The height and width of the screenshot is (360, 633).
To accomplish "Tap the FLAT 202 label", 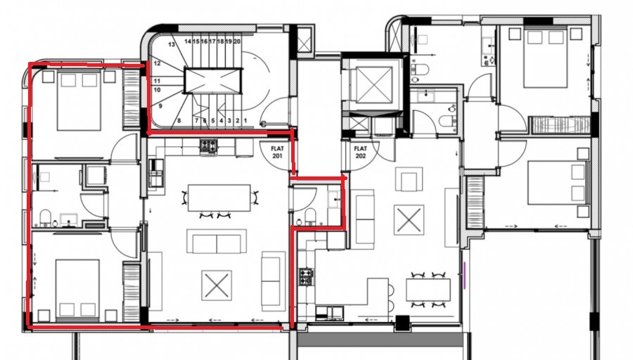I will coord(361,152).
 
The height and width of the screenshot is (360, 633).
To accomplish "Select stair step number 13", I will coord(171,44).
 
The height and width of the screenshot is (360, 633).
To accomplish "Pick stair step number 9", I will coord(160,106).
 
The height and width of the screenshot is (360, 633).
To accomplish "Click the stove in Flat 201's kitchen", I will coord(208,147).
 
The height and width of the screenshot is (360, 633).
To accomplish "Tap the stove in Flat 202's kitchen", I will coord(306,276).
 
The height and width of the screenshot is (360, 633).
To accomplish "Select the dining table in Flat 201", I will coord(219,197).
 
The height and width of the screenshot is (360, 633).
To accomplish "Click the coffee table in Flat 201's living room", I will coord(212,285).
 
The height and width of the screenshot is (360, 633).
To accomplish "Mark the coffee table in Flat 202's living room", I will coord(410,217).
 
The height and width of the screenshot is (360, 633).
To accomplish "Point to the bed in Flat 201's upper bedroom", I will coord(78,97).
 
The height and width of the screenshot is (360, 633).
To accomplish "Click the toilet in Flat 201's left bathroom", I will coord(43,217).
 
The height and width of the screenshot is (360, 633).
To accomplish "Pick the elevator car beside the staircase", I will coord(370,86).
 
